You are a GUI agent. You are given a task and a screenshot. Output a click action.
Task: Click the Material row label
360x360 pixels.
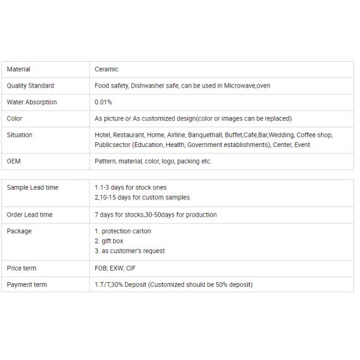click(x=19, y=70)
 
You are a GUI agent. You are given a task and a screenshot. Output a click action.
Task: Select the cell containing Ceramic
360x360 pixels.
click(x=107, y=70)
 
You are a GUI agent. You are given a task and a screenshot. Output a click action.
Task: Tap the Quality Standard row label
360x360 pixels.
click(x=31, y=86)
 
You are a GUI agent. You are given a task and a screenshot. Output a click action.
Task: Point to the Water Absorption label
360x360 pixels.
click(x=32, y=102)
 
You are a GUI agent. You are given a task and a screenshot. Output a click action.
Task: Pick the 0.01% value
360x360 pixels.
click(x=103, y=102)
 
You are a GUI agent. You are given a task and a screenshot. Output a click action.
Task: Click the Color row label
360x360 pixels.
click(x=14, y=118)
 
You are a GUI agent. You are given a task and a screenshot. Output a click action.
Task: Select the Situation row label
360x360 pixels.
click(x=20, y=135)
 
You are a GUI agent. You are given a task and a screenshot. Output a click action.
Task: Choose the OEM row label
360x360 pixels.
click(x=14, y=161)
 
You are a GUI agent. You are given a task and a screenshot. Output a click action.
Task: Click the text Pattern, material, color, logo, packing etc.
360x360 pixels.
click(x=153, y=161)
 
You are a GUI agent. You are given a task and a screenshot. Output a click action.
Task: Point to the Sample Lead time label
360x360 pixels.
click(x=32, y=187)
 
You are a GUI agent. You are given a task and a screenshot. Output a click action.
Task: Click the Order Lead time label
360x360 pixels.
click(x=29, y=214)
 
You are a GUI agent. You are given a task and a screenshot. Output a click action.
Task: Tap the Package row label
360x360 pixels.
click(x=19, y=231)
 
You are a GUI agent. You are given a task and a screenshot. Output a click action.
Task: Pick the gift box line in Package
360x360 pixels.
click(x=109, y=241)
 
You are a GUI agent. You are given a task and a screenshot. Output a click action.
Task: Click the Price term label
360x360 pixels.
click(x=22, y=268)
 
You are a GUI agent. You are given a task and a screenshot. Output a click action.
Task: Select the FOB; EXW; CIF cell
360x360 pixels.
click(x=115, y=268)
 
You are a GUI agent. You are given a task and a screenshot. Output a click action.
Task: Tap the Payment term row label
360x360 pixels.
click(x=27, y=284)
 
